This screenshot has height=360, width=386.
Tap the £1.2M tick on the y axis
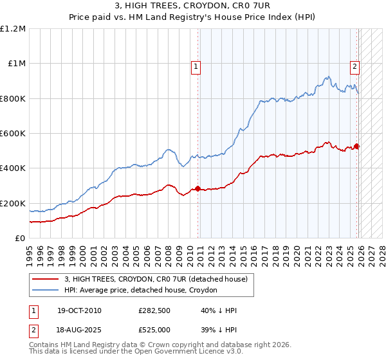pyautogui.click(x=13, y=29)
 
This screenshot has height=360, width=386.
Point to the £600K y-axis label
pyautogui.click(x=13, y=134)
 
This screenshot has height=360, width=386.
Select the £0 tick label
pyautogui.click(x=19, y=239)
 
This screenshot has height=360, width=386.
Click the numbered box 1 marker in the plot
pyautogui.click(x=195, y=65)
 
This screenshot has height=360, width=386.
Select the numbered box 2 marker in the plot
pyautogui.click(x=354, y=65)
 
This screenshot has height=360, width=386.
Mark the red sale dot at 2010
pyautogui.click(x=198, y=189)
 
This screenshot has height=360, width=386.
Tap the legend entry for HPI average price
pyautogui.click(x=141, y=291)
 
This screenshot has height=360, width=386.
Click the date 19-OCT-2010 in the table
pyautogui.click(x=79, y=311)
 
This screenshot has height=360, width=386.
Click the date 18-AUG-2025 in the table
pyautogui.click(x=79, y=328)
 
